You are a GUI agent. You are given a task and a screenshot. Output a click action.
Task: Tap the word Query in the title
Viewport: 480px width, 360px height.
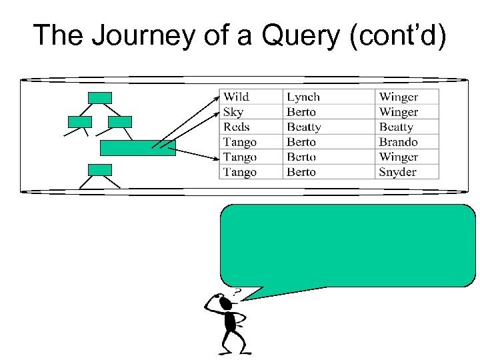pyautogui.click(x=299, y=35)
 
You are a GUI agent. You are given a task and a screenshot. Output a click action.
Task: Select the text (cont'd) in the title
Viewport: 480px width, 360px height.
pyautogui.click(x=397, y=35)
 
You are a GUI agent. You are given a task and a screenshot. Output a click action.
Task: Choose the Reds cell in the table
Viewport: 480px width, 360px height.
pyautogui.click(x=237, y=127)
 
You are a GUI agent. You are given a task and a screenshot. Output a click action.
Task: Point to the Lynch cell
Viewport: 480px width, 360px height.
pyautogui.click(x=303, y=97)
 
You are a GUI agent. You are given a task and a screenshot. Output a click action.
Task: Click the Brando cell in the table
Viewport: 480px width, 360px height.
pyautogui.click(x=399, y=142)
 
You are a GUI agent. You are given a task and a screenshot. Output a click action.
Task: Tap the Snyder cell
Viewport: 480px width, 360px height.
pyautogui.click(x=398, y=172)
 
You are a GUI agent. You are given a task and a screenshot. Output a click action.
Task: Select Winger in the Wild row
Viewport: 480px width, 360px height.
pyautogui.click(x=399, y=97)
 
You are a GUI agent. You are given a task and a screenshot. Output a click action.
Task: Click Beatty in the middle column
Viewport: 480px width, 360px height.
pyautogui.click(x=304, y=127)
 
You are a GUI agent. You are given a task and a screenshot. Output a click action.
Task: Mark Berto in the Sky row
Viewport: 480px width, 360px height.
pyautogui.click(x=301, y=112)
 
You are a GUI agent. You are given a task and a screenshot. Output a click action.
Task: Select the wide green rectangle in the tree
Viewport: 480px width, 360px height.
pyautogui.click(x=137, y=148)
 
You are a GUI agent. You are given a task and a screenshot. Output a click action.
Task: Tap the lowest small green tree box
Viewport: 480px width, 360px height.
pyautogui.click(x=100, y=169)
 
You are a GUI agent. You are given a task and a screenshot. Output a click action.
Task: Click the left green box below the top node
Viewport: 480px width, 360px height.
pyautogui.click(x=80, y=122)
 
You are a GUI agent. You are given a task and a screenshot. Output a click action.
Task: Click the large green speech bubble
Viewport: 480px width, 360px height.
pyautogui.click(x=347, y=245)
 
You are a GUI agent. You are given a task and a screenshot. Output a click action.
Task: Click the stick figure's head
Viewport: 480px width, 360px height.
pyautogui.click(x=225, y=304)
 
